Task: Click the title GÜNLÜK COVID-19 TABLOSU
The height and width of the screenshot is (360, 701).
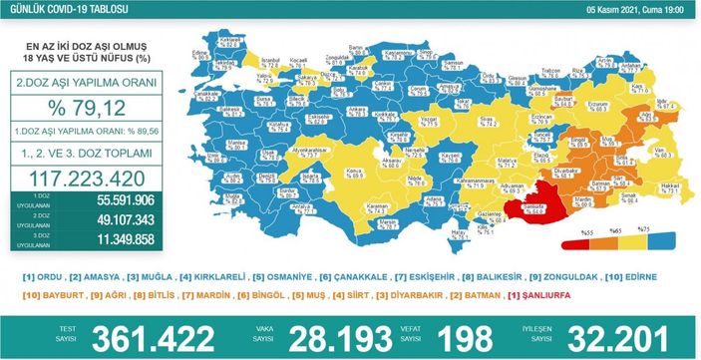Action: tap(58, 9)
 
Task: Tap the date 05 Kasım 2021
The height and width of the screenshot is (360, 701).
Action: tap(617, 9)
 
